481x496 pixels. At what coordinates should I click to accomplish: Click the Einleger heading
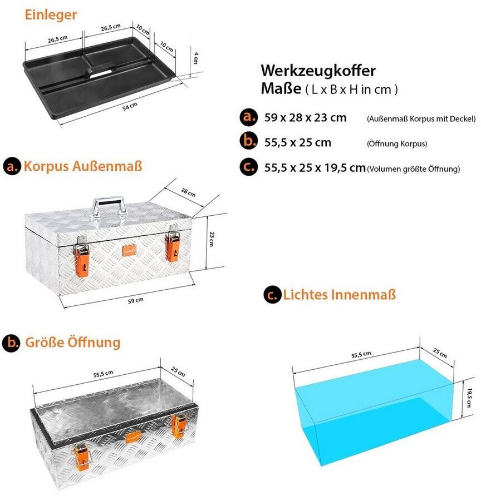tap(51, 15)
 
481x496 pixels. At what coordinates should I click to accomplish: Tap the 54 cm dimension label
tap(130, 106)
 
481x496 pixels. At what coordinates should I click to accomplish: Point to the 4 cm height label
tap(196, 58)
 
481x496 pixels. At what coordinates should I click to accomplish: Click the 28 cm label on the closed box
tap(188, 192)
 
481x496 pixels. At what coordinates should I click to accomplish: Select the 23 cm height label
tap(212, 239)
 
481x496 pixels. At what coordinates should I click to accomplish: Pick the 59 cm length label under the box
tap(135, 300)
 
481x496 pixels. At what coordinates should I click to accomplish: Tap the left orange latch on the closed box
tap(82, 257)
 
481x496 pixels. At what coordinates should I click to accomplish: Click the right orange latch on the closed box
tap(173, 244)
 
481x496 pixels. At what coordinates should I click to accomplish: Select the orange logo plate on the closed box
tap(130, 250)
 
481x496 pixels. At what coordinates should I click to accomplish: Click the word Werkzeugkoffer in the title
tap(318, 70)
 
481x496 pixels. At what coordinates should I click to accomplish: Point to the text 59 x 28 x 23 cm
tap(305, 118)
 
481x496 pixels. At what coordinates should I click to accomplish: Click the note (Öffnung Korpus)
tap(397, 143)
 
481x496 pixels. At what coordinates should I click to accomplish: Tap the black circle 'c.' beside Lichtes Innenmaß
tap(272, 295)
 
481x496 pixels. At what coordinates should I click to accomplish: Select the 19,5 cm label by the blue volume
tap(469, 398)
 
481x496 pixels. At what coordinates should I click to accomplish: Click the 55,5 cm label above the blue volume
tap(361, 355)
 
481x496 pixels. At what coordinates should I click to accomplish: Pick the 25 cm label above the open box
tap(178, 371)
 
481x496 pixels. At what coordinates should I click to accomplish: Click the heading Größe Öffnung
tap(73, 343)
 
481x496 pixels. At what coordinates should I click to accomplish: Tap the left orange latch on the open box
tap(82, 458)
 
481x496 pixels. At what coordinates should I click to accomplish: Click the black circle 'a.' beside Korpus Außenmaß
tap(12, 166)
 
